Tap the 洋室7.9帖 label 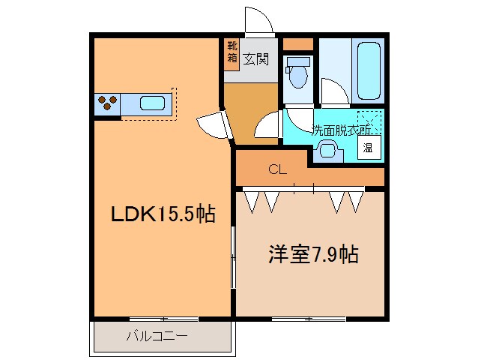313,254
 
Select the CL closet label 278,169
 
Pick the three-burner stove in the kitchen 107,103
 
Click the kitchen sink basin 153,103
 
